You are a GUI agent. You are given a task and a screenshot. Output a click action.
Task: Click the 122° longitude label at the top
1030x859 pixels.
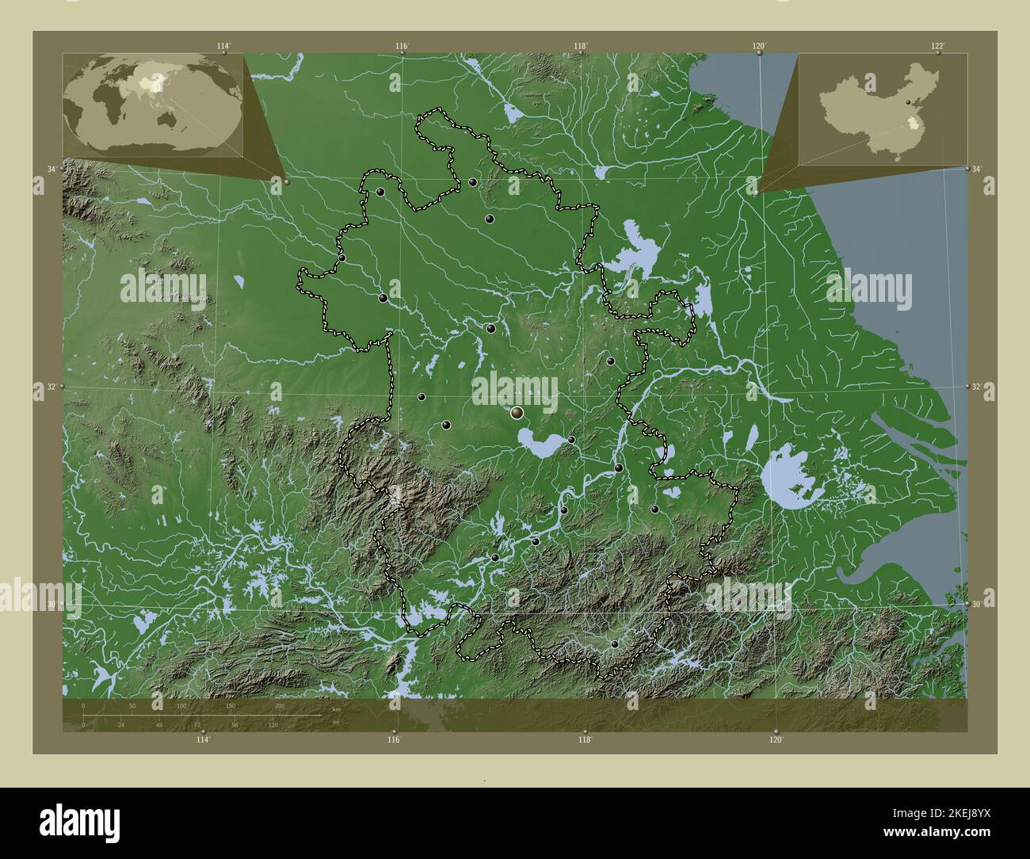[938, 45]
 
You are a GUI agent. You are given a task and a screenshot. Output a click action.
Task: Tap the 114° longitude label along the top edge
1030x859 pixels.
[223, 45]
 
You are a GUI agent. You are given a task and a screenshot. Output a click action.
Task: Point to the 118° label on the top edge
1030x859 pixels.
[581, 45]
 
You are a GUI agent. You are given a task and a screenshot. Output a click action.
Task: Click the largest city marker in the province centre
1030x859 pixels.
[517, 412]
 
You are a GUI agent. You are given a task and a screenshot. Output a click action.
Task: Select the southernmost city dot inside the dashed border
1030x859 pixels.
[614, 645]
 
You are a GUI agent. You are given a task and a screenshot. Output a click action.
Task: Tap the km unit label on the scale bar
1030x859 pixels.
[336, 709]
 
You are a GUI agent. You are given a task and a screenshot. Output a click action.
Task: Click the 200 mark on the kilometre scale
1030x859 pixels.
[279, 705]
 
